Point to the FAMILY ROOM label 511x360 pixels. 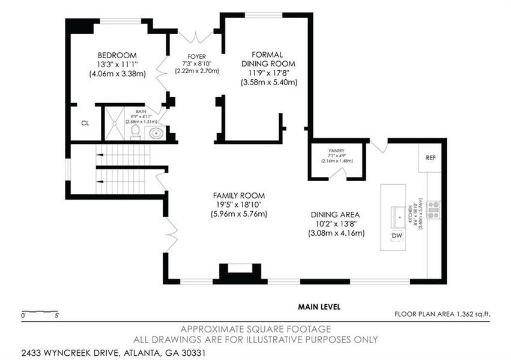238,196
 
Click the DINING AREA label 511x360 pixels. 336,214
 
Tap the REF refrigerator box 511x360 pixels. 431,158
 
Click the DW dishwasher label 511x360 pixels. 396,236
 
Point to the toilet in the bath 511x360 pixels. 136,131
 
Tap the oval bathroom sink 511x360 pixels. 157,133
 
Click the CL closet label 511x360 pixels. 85,123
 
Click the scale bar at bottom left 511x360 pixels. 40,312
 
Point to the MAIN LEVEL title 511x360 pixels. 319,307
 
